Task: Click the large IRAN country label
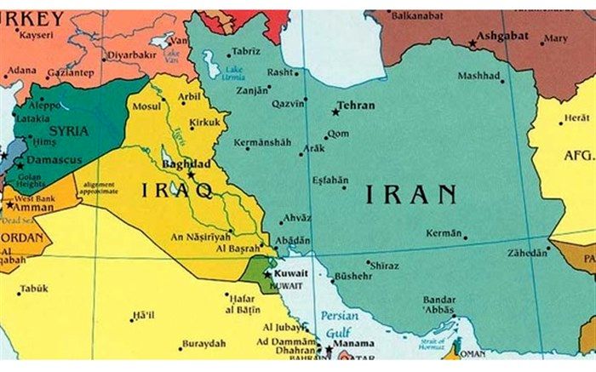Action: pyautogui.click(x=411, y=195)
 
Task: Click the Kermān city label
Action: pyautogui.click(x=443, y=233)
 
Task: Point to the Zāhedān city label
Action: pyautogui.click(x=528, y=254)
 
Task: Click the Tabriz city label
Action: pyautogui.click(x=245, y=51)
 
